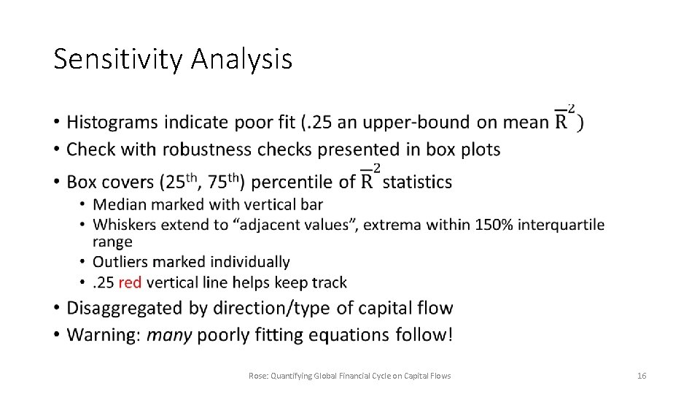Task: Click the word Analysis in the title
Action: [x=241, y=59]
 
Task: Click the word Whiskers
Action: [x=124, y=225]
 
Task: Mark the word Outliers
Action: [x=121, y=262]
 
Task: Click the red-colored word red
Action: [x=130, y=282]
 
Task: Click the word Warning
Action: [x=103, y=335]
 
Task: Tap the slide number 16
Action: [x=642, y=376]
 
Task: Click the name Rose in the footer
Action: [x=257, y=376]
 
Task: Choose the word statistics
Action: [x=417, y=182]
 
